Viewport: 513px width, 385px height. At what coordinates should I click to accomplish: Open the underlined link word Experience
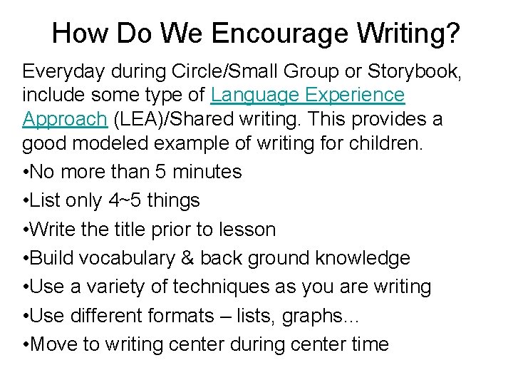(x=353, y=95)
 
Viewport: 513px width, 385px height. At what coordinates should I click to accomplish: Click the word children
(x=385, y=143)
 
